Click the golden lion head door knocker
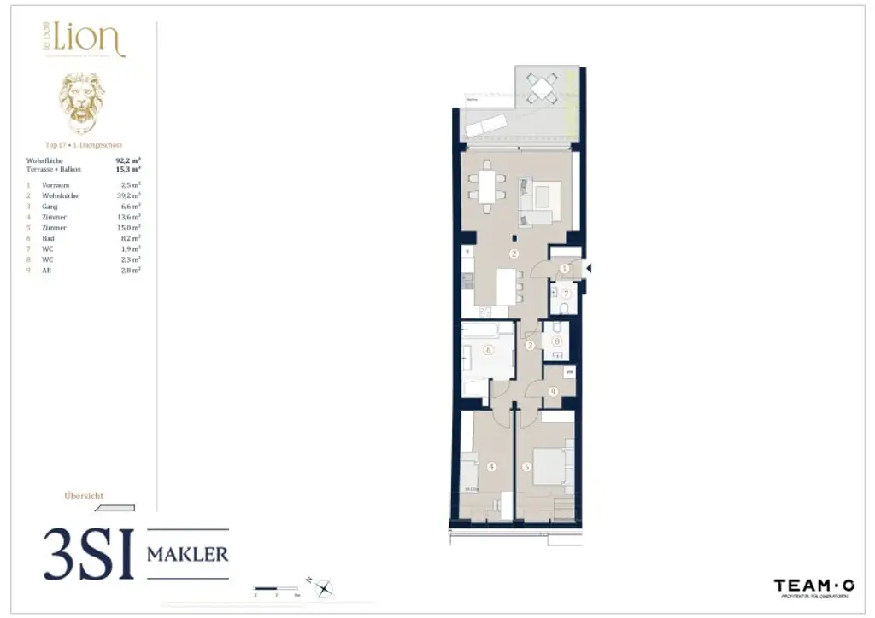(x=82, y=102)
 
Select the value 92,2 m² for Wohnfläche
(x=128, y=159)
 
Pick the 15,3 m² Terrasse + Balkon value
(x=128, y=169)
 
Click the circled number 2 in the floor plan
(x=514, y=254)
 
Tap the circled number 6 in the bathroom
(x=489, y=349)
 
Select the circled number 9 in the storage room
(x=554, y=392)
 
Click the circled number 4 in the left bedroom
(x=491, y=467)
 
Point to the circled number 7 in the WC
(x=565, y=294)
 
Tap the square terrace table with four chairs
(x=540, y=87)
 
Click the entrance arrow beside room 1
(x=587, y=268)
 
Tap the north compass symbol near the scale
(x=324, y=587)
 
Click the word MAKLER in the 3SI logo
(x=188, y=554)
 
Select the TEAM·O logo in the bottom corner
(x=813, y=586)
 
